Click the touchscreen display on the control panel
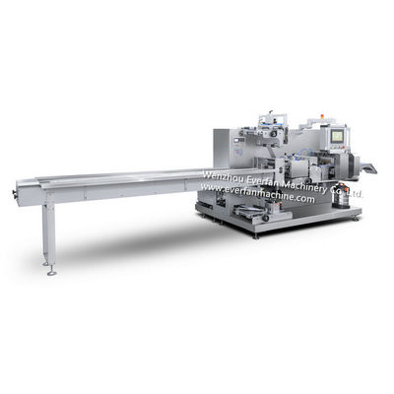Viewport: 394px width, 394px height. (337, 135)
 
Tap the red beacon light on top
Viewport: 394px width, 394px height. (322, 116)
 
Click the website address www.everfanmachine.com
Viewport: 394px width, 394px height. (257, 193)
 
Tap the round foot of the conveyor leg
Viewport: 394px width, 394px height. (51, 273)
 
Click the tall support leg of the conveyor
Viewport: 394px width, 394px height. (48, 233)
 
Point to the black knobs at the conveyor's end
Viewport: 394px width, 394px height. (15, 194)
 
